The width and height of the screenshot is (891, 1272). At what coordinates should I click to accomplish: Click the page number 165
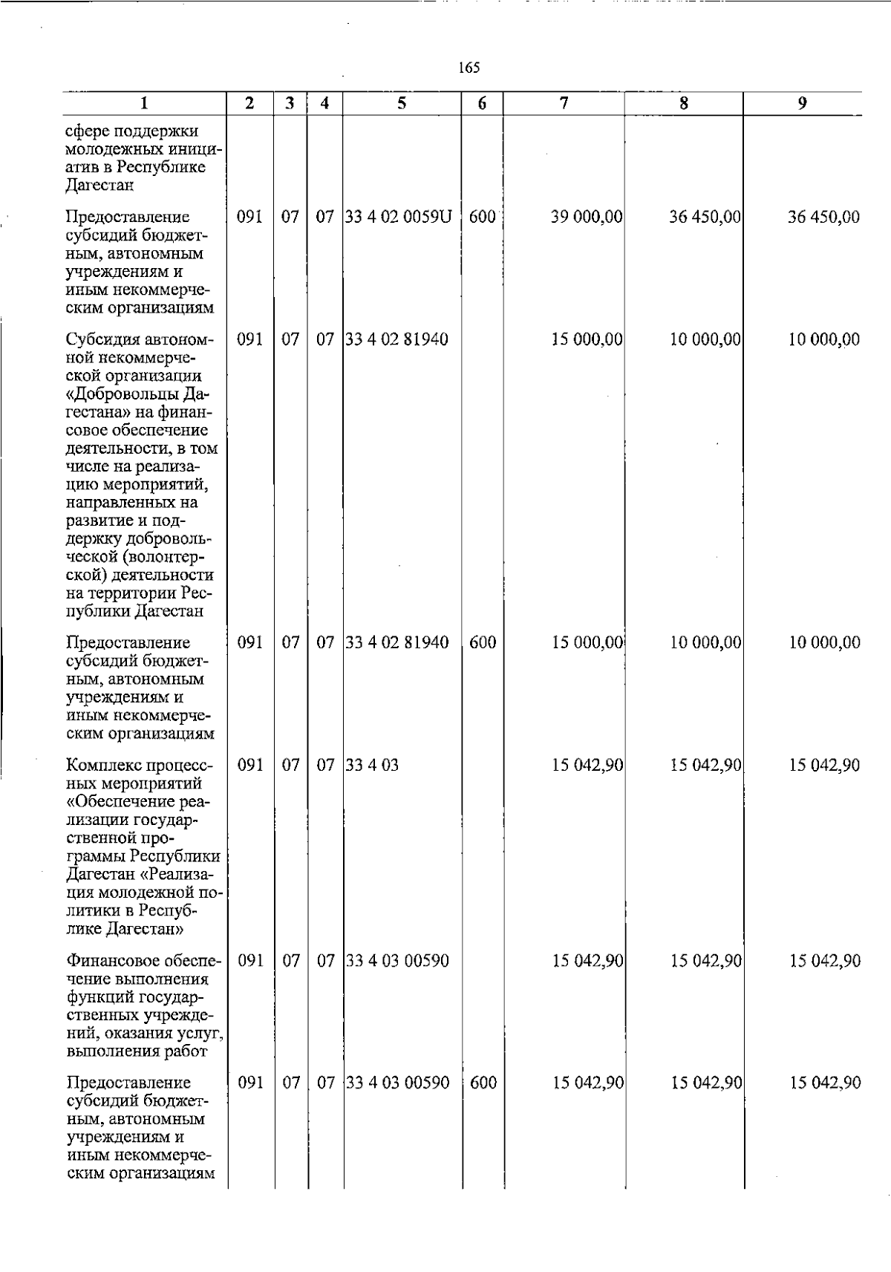click(x=469, y=68)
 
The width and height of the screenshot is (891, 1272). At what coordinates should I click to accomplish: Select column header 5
click(x=401, y=104)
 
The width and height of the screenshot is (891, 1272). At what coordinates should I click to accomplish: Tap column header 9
click(x=802, y=104)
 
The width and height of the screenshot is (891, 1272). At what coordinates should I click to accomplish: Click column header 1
click(x=144, y=104)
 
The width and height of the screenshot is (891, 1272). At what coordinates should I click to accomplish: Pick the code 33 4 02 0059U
click(x=399, y=218)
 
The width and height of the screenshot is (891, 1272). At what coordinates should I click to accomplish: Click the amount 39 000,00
click(x=587, y=218)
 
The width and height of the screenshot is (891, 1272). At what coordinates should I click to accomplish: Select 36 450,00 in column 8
click(x=705, y=218)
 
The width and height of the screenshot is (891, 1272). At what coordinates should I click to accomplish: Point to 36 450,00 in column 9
click(x=823, y=218)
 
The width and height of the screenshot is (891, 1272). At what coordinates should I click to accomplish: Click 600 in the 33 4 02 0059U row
click(x=483, y=218)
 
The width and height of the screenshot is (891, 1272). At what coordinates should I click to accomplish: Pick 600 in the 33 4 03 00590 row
click(x=483, y=1083)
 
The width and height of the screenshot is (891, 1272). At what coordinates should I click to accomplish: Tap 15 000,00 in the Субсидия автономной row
click(x=587, y=340)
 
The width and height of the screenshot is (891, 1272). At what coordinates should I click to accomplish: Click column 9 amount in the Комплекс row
click(x=824, y=766)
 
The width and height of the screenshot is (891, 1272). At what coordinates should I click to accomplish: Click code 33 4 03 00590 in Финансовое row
click(x=398, y=961)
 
